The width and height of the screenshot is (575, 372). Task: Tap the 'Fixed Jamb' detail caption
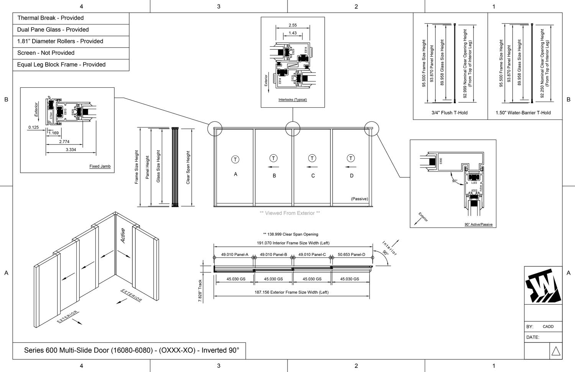point(100,166)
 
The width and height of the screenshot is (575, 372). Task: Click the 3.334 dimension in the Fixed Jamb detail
point(71,150)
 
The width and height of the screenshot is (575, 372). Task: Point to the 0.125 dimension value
point(33,127)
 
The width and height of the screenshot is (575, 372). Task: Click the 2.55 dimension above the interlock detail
point(292,25)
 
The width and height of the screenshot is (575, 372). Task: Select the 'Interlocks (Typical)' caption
point(292,100)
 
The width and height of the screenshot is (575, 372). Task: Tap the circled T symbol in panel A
point(235,159)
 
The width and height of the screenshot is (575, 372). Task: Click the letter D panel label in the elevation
point(352,176)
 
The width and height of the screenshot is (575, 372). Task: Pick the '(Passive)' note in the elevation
point(359,199)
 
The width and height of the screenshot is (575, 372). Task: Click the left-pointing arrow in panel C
point(312,167)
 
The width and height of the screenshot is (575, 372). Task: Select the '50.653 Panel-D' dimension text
point(351,254)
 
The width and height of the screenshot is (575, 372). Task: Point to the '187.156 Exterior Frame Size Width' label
point(291,292)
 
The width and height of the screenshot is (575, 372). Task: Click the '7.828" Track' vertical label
point(200,291)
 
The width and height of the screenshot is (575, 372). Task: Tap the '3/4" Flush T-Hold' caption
point(449,113)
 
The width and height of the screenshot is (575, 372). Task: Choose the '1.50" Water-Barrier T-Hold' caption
point(523,113)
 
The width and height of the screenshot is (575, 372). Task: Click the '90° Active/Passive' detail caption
point(478,225)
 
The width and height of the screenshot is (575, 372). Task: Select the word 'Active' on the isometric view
point(123,236)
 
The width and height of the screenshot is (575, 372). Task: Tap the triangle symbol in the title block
point(555,351)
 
